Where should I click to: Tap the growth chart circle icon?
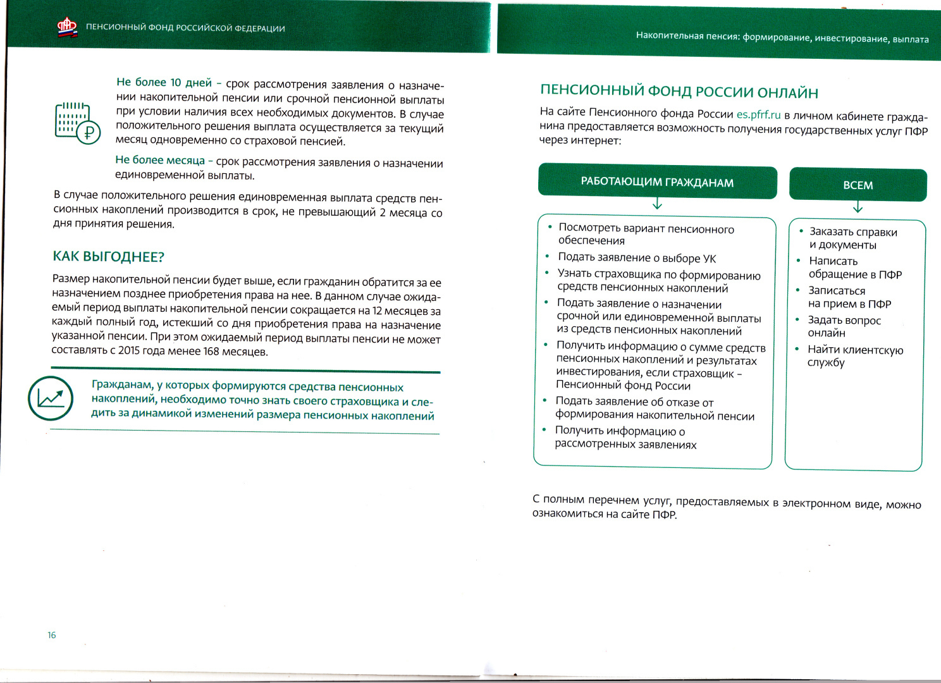pyautogui.click(x=51, y=398)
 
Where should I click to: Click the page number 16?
pyautogui.click(x=52, y=635)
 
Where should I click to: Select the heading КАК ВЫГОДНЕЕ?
pyautogui.click(x=108, y=257)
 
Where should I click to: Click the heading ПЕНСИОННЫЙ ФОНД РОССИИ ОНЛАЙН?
pyautogui.click(x=679, y=92)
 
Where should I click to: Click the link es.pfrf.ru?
pyautogui.click(x=758, y=115)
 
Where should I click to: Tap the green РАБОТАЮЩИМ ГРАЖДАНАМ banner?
pyautogui.click(x=657, y=182)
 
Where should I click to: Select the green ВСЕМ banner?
pyautogui.click(x=858, y=185)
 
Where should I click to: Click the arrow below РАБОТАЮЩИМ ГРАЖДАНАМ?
pyautogui.click(x=657, y=204)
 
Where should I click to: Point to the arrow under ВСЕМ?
pyautogui.click(x=858, y=207)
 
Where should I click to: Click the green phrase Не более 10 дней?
pyautogui.click(x=164, y=83)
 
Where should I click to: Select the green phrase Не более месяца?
pyautogui.click(x=160, y=161)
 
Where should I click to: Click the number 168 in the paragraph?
pyautogui.click(x=211, y=352)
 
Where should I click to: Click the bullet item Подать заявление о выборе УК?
pyautogui.click(x=637, y=258)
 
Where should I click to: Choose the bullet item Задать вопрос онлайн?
pyautogui.click(x=844, y=326)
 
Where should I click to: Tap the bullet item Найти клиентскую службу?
pyautogui.click(x=854, y=356)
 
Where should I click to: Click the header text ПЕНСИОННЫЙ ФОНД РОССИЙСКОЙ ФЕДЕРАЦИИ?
pyautogui.click(x=185, y=28)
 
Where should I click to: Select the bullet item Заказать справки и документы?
pyautogui.click(x=852, y=238)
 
